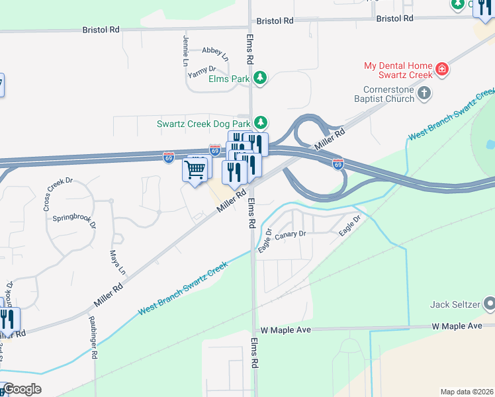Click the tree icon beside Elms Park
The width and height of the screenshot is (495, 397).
point(261,78)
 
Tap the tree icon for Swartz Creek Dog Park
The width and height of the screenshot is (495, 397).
point(261,122)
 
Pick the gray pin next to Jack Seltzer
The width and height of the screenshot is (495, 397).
point(489,304)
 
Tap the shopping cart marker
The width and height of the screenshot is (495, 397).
point(195,170)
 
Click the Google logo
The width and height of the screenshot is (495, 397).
point(22,389)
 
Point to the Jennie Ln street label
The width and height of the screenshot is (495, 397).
point(185,52)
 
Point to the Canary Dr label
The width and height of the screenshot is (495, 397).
point(291,234)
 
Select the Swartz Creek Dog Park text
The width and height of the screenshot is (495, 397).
point(204,123)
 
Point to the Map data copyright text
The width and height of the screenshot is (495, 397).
point(466,391)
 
